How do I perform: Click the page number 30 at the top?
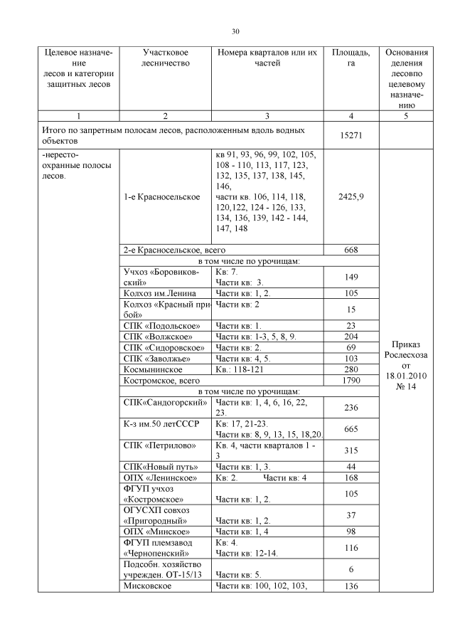[235, 31]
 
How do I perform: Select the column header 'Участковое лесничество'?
[165, 58]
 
